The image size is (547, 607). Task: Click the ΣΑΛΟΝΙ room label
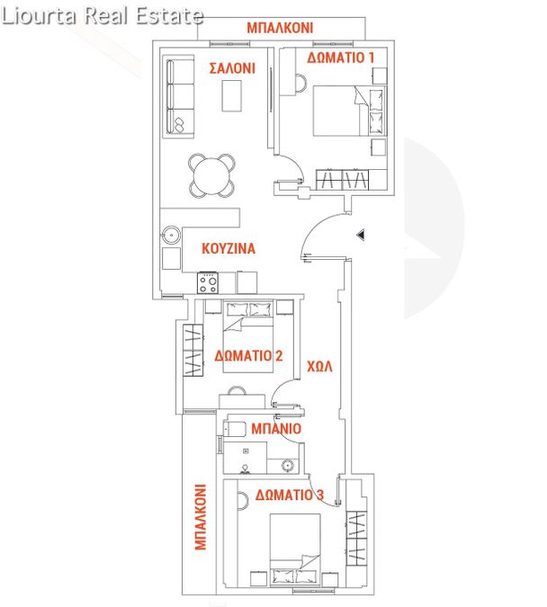click(x=232, y=68)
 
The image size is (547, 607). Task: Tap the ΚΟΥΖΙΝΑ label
click(x=229, y=248)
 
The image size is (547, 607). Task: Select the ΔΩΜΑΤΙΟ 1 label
click(x=340, y=58)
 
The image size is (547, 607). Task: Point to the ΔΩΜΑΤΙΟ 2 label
click(x=248, y=355)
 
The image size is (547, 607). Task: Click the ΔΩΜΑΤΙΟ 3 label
click(x=290, y=495)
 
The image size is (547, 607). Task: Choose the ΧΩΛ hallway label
click(x=319, y=366)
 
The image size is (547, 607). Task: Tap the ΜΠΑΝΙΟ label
click(x=276, y=428)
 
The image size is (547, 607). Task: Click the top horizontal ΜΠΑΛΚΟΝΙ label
click(x=280, y=28)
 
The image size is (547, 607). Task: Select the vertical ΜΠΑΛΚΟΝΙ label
click(x=201, y=517)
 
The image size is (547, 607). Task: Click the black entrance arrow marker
click(x=361, y=235)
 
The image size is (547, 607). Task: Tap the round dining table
click(x=212, y=175)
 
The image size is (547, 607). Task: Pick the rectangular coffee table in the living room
click(x=231, y=95)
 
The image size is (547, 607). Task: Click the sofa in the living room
click(x=180, y=96)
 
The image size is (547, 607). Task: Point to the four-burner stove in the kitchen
click(x=208, y=283)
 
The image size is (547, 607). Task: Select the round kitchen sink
click(x=171, y=235)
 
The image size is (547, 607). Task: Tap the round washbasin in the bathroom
click(x=288, y=465)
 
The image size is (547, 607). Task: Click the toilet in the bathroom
click(x=235, y=429)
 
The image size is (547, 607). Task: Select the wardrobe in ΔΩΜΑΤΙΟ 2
click(x=193, y=351)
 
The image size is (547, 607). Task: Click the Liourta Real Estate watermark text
click(x=103, y=16)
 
